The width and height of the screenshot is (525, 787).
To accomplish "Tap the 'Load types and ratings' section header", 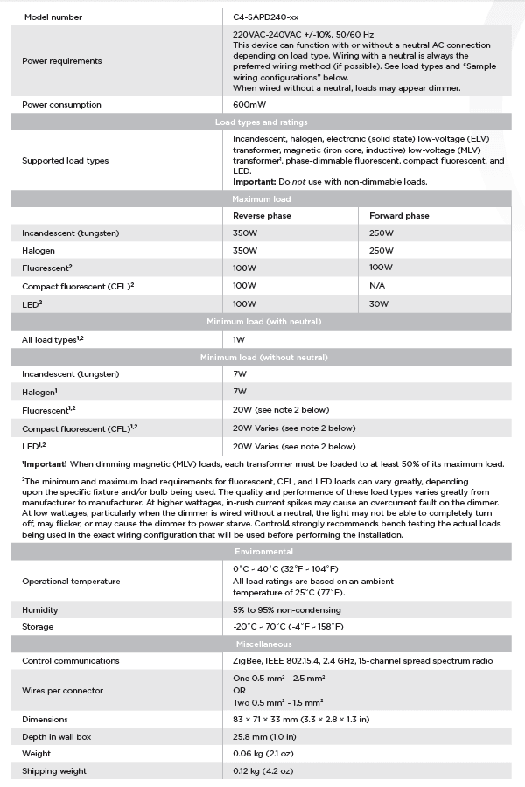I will (261, 122).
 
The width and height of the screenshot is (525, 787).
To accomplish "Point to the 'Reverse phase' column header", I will (262, 215).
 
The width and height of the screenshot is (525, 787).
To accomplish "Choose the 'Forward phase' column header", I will (399, 215).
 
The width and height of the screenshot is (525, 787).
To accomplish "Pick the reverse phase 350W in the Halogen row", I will (246, 250).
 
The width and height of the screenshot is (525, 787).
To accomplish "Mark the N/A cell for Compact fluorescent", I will (378, 285).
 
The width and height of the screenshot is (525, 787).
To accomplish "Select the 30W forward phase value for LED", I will (379, 303).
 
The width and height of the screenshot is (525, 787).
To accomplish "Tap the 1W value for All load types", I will (240, 339).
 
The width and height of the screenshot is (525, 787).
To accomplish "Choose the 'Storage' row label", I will (38, 627).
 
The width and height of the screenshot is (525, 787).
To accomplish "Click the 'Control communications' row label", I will (71, 661).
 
